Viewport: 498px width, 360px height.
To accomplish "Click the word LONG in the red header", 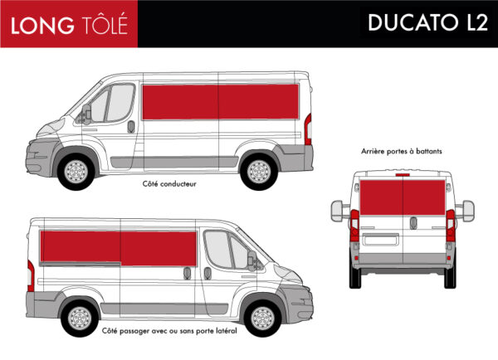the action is (42, 26).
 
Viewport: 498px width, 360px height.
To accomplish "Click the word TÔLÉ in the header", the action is (105, 23).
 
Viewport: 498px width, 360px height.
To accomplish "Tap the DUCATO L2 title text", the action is (427, 22).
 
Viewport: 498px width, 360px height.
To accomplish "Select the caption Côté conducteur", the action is (169, 184).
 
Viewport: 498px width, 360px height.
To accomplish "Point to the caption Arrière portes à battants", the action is (402, 151).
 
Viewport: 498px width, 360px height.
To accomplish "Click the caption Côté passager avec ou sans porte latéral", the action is (169, 331).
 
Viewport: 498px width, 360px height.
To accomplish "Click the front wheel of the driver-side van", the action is (76, 172).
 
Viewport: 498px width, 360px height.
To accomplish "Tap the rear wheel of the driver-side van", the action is (259, 172).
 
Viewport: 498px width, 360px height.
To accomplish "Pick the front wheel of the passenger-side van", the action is (262, 319).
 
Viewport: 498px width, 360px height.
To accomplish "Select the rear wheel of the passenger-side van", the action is (80, 319).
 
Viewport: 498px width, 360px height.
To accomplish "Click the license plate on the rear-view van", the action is (381, 239).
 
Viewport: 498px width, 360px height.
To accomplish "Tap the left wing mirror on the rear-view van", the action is (337, 211).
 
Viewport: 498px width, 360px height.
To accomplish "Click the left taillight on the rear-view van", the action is (354, 226).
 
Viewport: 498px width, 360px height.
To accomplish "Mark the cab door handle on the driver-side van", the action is (131, 127).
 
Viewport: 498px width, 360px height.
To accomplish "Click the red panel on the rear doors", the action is (403, 197).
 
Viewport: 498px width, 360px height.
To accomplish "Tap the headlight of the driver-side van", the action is (51, 128).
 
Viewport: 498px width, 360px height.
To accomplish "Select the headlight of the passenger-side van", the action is (288, 274).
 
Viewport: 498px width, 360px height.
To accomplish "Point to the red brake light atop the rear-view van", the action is (403, 175).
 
